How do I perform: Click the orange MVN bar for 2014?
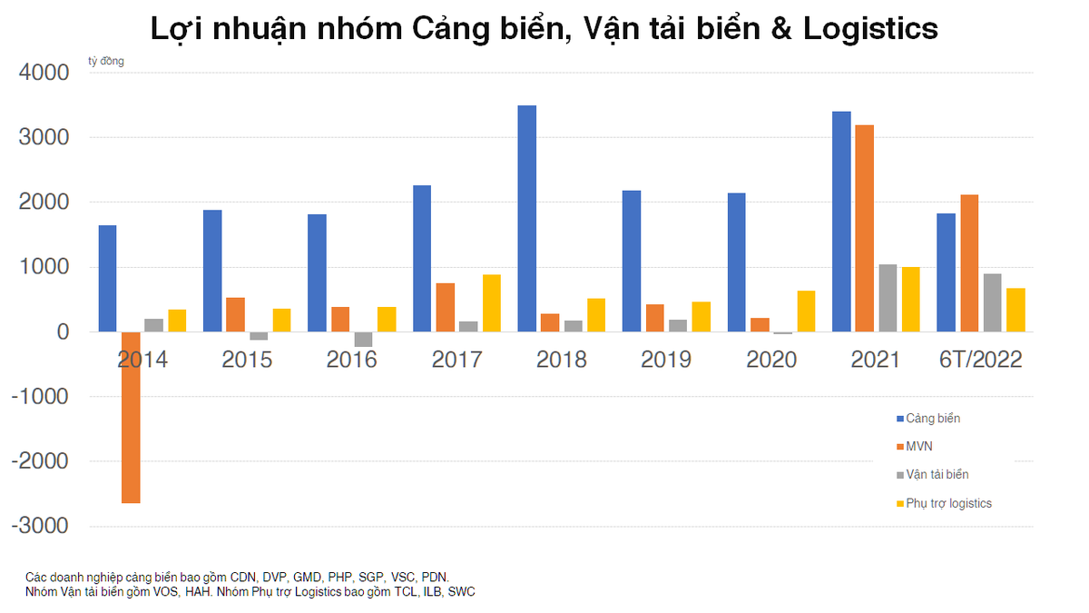[131, 417]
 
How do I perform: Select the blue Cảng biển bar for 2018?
[526, 219]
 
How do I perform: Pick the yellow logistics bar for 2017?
[491, 303]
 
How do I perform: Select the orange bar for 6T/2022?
[969, 263]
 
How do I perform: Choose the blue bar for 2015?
[212, 271]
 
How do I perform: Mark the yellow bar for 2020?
[806, 311]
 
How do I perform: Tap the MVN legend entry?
[918, 447]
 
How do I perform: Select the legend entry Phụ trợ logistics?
[948, 503]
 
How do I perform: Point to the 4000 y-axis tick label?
[44, 73]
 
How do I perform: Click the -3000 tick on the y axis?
[41, 527]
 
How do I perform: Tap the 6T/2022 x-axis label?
[980, 360]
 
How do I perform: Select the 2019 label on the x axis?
[666, 360]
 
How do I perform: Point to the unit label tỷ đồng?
[106, 62]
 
